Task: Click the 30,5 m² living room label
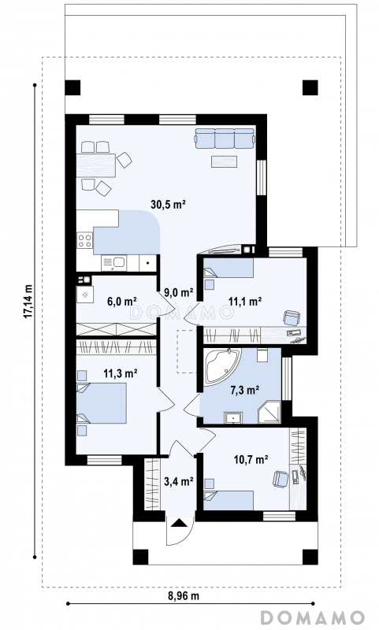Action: click(168, 204)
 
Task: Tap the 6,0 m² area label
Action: click(122, 301)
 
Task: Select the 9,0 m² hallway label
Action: click(179, 292)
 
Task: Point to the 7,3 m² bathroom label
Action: click(244, 389)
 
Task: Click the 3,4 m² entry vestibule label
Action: click(179, 480)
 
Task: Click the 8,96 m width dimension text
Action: click(184, 595)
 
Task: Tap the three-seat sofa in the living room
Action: click(225, 138)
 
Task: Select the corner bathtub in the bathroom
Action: click(222, 365)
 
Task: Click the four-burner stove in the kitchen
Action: click(85, 240)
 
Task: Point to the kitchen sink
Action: click(113, 263)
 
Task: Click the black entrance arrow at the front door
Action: click(179, 522)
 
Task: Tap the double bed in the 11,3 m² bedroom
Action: click(102, 403)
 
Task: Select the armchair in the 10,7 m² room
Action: click(281, 479)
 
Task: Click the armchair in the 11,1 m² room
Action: click(291, 317)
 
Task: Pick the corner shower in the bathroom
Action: click(269, 411)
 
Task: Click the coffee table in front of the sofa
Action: click(225, 161)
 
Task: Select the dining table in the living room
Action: click(96, 165)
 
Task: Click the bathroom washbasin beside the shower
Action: click(233, 417)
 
